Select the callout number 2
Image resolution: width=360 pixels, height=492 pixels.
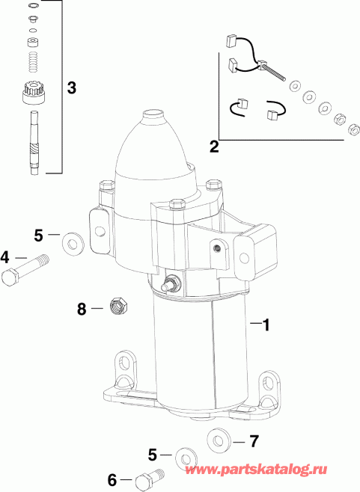(214, 147)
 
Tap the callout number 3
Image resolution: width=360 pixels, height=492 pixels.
(71, 87)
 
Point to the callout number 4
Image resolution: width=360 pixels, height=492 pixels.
(6, 257)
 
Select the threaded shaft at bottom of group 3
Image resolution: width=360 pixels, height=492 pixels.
(34, 142)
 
